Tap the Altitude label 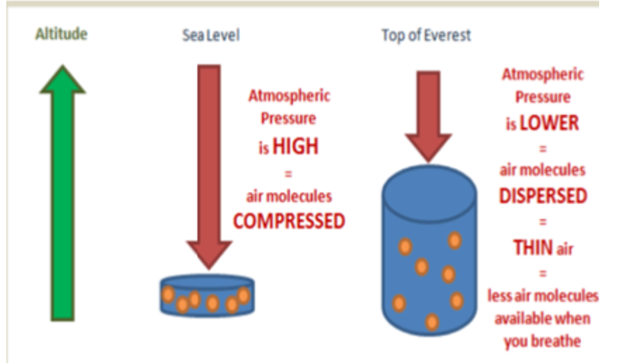(62, 35)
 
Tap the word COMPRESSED (289, 221)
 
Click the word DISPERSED (543, 196)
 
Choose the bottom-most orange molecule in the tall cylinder (432, 321)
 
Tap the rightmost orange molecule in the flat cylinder (244, 296)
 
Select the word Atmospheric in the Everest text (542, 75)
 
